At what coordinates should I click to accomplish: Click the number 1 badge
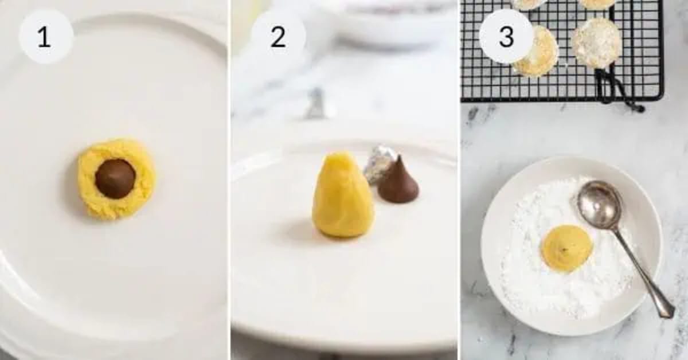(x=46, y=37)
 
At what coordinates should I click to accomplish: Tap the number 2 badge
(x=278, y=37)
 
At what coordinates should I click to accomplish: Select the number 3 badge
(x=506, y=37)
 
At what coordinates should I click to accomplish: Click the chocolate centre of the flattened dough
(x=115, y=178)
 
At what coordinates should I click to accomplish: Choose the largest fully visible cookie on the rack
(x=596, y=42)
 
